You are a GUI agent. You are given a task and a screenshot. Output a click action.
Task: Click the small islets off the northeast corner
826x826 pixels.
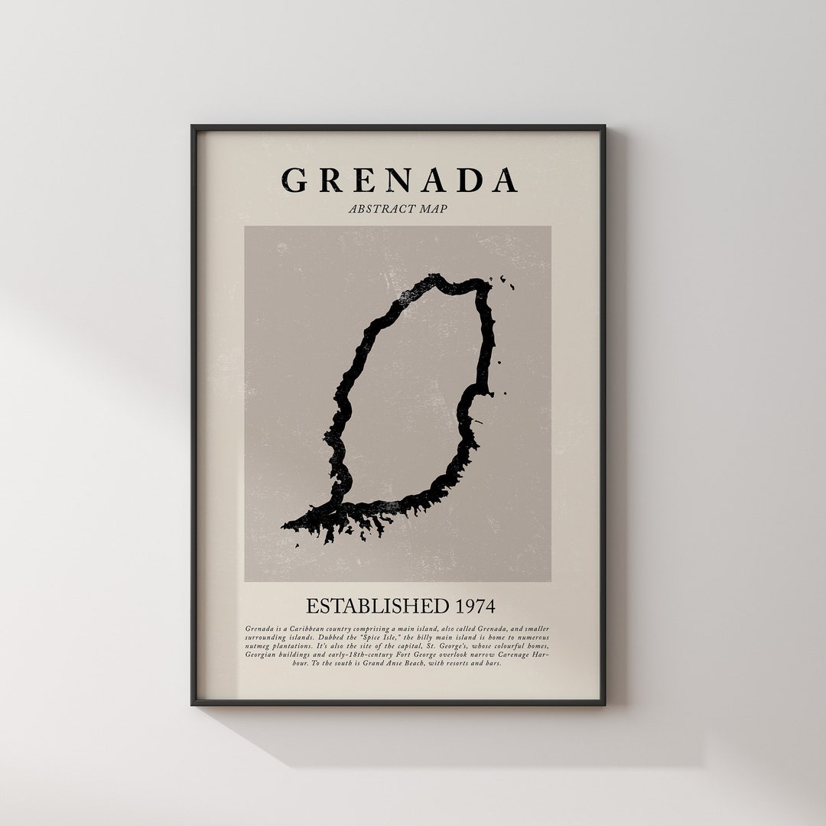pos(507,282)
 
